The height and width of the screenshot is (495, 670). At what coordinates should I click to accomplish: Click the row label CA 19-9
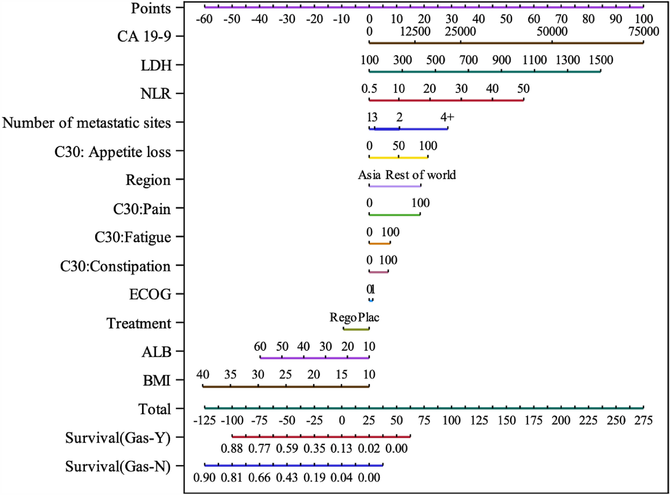144,36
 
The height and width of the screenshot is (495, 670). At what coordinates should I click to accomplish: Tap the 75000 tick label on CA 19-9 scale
644,31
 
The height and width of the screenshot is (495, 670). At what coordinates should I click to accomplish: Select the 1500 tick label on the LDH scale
601,60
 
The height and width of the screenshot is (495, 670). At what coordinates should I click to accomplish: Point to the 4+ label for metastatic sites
447,117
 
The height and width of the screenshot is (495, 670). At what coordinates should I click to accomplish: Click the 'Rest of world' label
421,175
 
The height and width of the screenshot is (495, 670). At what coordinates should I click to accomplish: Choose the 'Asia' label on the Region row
369,175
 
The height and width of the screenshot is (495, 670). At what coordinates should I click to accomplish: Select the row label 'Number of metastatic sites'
87,123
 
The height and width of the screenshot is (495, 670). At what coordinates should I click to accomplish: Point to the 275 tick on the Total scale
643,420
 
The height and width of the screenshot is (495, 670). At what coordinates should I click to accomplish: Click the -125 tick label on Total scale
205,420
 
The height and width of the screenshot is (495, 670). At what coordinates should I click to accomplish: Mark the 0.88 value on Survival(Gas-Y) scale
232,448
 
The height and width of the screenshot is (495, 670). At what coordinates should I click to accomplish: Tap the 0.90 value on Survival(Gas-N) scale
204,478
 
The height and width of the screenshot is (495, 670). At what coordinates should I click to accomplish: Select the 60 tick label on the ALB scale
260,347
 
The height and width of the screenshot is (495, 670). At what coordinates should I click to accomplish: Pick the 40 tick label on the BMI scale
202,375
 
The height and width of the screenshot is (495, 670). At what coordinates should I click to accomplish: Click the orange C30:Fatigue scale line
379,243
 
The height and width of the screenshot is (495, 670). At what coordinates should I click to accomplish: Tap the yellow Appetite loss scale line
398,157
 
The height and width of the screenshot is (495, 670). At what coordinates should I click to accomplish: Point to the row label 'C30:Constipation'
115,266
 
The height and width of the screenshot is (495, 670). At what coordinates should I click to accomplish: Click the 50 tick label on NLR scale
523,89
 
